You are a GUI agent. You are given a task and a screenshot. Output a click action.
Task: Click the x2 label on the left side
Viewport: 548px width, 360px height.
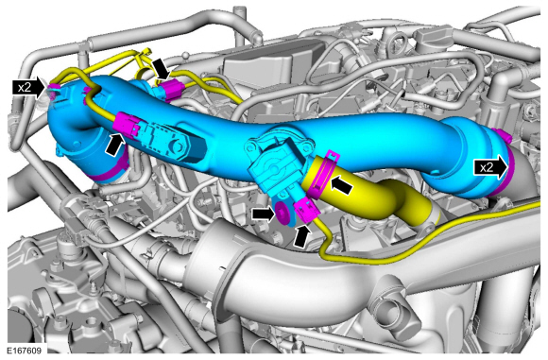tap(25, 87)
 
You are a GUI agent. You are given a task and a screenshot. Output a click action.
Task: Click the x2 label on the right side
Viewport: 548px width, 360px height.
tap(487, 168)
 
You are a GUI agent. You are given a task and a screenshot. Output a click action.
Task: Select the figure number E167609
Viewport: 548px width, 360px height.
tap(25, 351)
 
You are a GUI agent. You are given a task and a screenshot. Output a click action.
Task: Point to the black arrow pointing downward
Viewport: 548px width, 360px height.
tap(162, 69)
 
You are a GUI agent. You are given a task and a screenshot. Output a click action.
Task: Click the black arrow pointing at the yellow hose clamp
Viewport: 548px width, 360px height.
tap(341, 185)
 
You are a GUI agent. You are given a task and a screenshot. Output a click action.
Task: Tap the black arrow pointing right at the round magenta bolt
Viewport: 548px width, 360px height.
tap(264, 214)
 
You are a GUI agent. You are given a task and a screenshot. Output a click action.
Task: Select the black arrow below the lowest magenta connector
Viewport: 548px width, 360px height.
tap(302, 236)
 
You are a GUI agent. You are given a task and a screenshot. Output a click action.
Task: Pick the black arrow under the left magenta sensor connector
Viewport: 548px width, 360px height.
tap(115, 145)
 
